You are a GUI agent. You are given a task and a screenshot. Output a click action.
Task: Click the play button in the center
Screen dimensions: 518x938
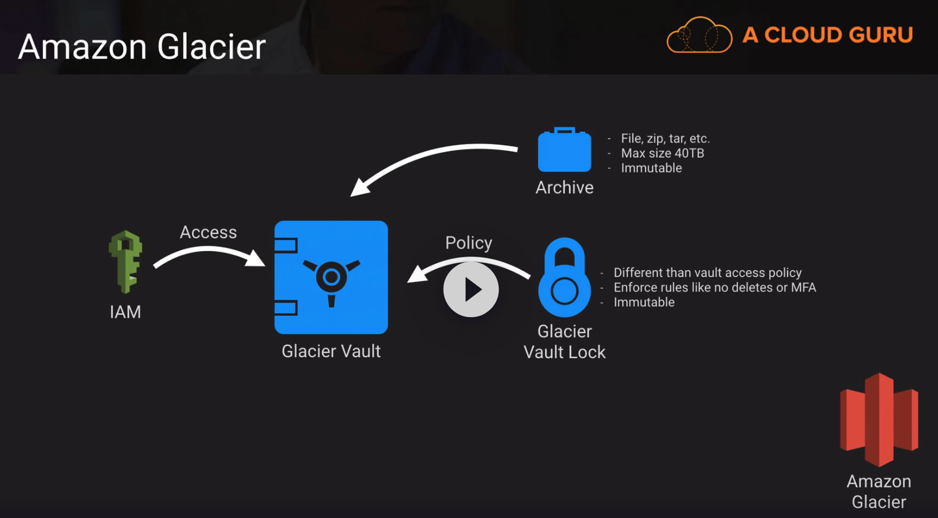point(471,289)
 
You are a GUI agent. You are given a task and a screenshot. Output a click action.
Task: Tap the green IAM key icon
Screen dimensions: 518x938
point(125,261)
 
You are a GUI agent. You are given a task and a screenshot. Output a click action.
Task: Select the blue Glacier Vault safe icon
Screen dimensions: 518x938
point(331,277)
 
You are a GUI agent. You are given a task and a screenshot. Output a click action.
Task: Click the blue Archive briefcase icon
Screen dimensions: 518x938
point(564,150)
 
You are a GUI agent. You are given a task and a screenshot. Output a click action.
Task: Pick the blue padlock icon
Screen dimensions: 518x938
point(564,278)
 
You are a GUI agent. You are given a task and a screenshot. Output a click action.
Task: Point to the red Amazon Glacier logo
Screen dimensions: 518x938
point(879,420)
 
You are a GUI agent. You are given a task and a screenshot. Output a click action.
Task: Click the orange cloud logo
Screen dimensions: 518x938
point(699,35)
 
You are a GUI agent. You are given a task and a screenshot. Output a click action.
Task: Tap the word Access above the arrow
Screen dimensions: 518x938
point(208,232)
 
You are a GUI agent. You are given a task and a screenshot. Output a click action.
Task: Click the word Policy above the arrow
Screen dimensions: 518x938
point(469,243)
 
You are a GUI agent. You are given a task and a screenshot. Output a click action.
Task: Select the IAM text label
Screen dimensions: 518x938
point(125,312)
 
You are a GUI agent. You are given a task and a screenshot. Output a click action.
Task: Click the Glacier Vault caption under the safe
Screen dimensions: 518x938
point(331,351)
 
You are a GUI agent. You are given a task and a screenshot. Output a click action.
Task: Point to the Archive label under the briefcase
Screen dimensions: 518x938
point(564,187)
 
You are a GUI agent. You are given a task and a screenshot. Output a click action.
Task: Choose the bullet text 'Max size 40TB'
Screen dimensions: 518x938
point(663,153)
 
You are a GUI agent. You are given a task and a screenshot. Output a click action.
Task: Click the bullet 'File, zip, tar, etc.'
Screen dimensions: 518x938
point(665,138)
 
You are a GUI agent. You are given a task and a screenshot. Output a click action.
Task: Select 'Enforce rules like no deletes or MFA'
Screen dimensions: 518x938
point(714,287)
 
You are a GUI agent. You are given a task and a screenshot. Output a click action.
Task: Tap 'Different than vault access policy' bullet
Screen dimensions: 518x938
point(707,273)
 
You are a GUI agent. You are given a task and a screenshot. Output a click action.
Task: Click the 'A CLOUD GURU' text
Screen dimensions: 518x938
point(827,35)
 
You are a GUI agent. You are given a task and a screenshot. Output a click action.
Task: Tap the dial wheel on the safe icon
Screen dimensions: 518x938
point(332,277)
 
